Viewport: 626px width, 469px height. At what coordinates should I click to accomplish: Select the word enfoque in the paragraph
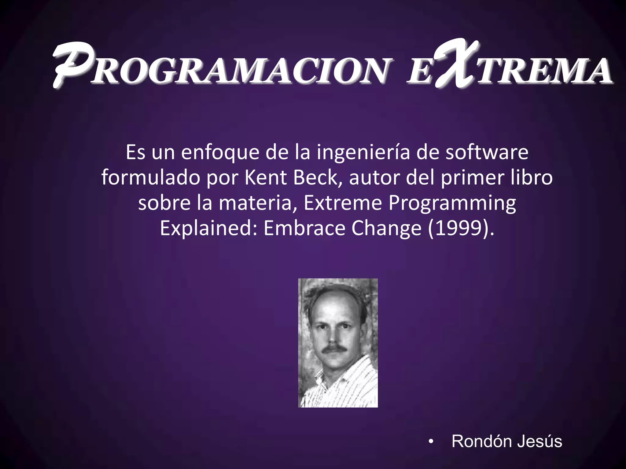(x=220, y=152)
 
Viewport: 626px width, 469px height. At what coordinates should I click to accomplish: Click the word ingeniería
(x=363, y=152)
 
